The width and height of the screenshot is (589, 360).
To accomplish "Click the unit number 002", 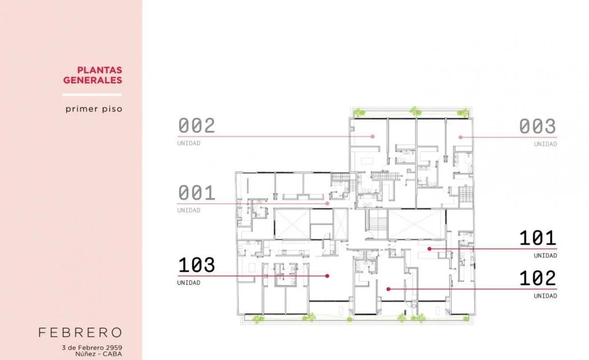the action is coord(197,126).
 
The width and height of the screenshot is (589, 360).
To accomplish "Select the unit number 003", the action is coord(537,126).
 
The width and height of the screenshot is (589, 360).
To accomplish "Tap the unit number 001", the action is coord(197,193).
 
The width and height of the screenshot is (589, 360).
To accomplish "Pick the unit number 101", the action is coord(538,238).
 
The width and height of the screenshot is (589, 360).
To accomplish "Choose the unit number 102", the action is coord(538,278).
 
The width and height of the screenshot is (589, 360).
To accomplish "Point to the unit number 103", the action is coord(197,265).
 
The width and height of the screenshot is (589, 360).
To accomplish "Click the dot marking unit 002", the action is coord(373,137).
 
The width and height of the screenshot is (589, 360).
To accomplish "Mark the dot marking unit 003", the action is coord(460,137).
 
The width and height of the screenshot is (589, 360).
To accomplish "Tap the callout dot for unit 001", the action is coord(327,203).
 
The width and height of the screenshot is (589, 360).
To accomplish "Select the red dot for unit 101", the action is coord(429,249).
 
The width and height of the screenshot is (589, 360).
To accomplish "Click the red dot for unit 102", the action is coord(388,289).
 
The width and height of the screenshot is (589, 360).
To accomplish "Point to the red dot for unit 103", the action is coord(327,276).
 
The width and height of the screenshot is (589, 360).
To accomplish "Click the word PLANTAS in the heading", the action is coord(100,70).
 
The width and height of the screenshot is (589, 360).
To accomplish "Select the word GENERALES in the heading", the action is coord(93,80).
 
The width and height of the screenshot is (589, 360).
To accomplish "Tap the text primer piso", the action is coord(94,109).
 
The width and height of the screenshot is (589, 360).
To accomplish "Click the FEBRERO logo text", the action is coord(80,332).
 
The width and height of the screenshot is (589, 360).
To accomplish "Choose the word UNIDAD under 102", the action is coord(545,296).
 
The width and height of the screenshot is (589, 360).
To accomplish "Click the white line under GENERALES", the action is coord(92,95).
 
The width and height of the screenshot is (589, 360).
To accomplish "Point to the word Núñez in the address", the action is coord(84,354).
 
